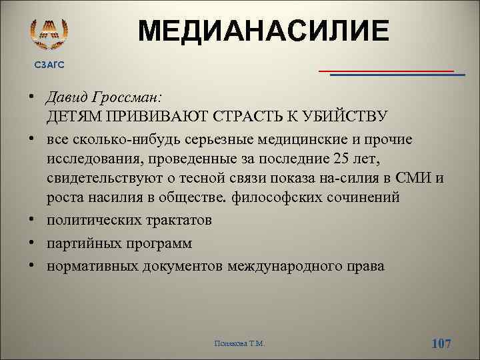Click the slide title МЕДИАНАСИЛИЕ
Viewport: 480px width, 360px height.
coord(263,32)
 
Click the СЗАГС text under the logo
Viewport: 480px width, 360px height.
coord(50,64)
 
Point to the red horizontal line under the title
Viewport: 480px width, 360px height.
coord(386,70)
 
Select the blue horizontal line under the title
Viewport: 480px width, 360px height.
coord(397,75)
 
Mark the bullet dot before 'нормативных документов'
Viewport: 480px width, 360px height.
coord(31,266)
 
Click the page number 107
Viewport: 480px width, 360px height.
coord(441,343)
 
